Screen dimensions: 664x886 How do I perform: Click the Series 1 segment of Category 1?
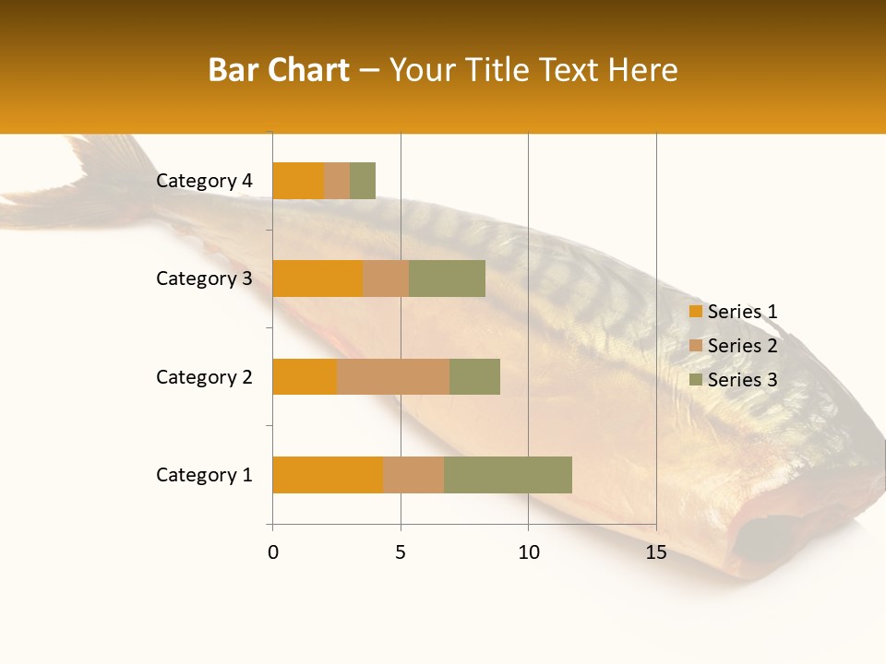[328, 475]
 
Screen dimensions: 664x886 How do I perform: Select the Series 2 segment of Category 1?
[413, 475]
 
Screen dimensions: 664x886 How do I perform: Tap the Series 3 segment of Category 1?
[508, 475]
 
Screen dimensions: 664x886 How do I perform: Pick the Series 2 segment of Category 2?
[393, 376]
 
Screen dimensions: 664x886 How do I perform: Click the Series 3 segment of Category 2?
[474, 376]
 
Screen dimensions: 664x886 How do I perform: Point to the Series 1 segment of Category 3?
[317, 279]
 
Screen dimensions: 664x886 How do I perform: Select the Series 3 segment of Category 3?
[447, 279]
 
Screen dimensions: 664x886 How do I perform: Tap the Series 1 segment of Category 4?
[298, 181]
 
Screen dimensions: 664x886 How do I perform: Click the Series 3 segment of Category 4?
[363, 181]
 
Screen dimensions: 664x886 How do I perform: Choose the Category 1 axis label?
[204, 475]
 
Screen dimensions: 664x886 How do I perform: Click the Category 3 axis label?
[204, 279]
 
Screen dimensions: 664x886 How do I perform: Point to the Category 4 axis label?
[204, 181]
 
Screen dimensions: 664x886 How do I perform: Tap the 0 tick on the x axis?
[273, 552]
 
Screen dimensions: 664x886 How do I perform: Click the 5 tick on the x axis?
[401, 552]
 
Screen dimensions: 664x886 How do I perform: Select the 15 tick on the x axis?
[656, 552]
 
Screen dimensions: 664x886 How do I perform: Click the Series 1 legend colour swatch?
[696, 312]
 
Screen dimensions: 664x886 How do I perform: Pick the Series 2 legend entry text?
[742, 346]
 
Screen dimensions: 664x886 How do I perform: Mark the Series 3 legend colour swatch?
[696, 380]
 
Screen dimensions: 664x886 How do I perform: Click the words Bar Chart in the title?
[278, 70]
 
